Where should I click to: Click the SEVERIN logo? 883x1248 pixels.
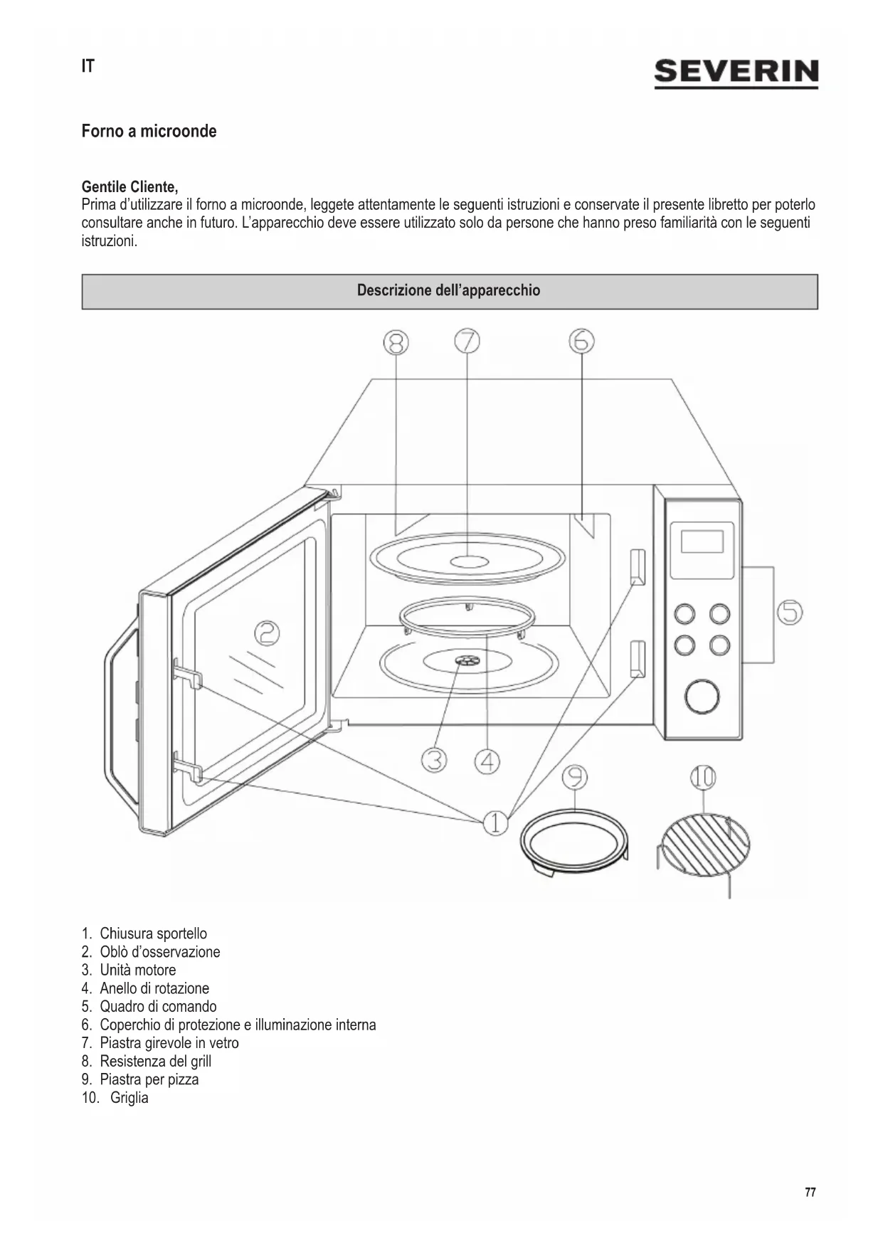pos(736,73)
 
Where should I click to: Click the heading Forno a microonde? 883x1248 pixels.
pos(149,132)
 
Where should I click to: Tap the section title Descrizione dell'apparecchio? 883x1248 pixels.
pos(448,290)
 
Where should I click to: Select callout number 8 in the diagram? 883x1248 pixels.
pos(396,343)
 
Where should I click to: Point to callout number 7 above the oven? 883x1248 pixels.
pos(467,342)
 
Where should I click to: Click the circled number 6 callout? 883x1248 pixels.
pos(581,342)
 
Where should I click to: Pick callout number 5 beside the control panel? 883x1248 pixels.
pos(789,612)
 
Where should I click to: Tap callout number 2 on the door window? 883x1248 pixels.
pos(267,633)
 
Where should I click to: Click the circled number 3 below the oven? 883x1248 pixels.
pos(433,761)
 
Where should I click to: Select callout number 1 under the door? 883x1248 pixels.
pos(495,823)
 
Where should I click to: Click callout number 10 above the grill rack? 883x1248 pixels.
pos(703,778)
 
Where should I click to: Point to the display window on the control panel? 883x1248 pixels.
pos(702,541)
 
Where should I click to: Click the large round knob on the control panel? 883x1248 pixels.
pos(702,697)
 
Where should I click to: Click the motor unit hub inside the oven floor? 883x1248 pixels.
pos(467,662)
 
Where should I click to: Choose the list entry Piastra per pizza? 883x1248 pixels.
pos(149,1079)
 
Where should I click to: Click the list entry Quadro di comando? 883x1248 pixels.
pos(157,1006)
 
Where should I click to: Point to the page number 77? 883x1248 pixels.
pos(810,1193)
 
